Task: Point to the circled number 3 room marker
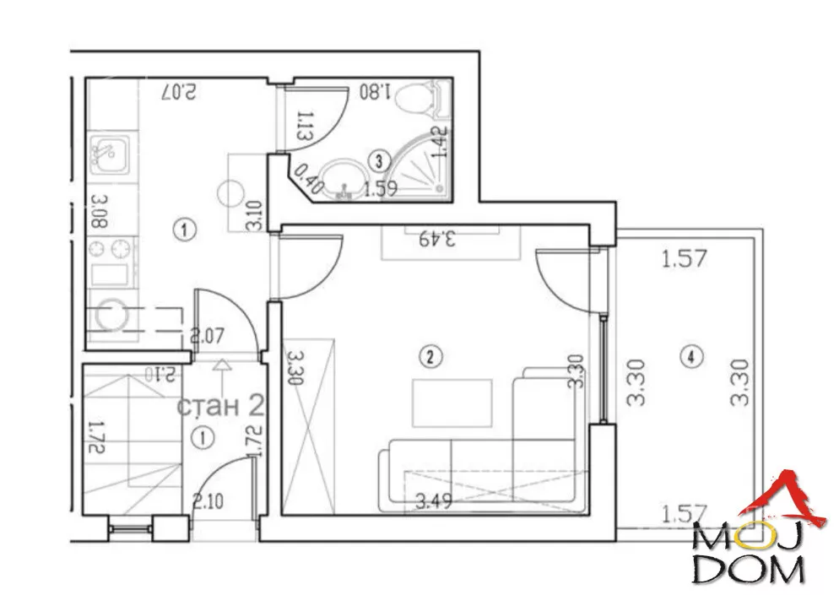379,160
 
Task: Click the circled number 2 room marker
430,356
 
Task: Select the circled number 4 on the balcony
691,356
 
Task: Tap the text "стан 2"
220,407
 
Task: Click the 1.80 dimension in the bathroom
375,91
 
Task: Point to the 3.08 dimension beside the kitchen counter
100,211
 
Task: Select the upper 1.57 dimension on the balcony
685,259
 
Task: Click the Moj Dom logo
756,528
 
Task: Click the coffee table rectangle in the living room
452,403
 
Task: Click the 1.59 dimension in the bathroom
380,188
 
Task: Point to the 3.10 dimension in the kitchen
255,214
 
